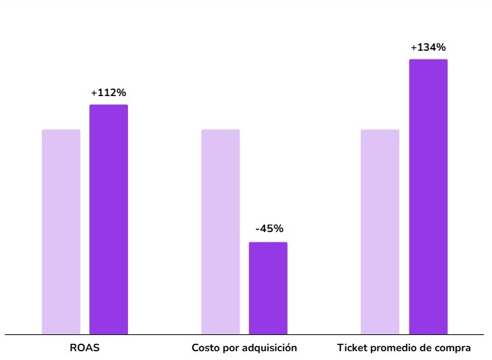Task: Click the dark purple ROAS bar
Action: pyautogui.click(x=108, y=219)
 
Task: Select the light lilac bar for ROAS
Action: pyautogui.click(x=61, y=231)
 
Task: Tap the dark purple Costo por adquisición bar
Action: pyautogui.click(x=268, y=288)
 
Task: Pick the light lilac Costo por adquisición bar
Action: pyautogui.click(x=221, y=231)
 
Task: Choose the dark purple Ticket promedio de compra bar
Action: pyautogui.click(x=428, y=196)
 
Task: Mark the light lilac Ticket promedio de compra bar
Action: pyautogui.click(x=380, y=231)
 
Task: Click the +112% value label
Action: pyautogui.click(x=108, y=93)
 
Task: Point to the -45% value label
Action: pyautogui.click(x=269, y=229)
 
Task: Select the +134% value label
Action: pyautogui.click(x=428, y=47)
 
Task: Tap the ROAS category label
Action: pyautogui.click(x=85, y=348)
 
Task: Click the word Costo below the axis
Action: pyautogui.click(x=206, y=348)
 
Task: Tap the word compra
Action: pyautogui.click(x=453, y=348)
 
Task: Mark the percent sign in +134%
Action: pyautogui.click(x=440, y=47)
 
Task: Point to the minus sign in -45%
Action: pyautogui.click(x=258, y=229)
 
